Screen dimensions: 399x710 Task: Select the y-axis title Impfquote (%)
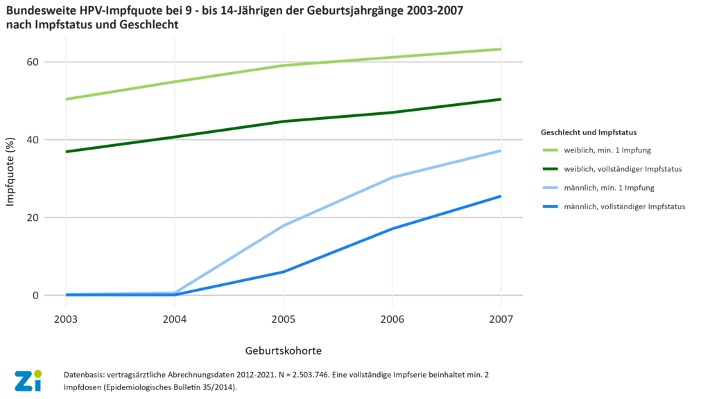[x=11, y=178]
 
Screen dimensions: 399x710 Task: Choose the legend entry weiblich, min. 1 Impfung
[x=607, y=150]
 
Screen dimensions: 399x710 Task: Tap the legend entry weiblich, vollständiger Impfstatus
[x=623, y=168]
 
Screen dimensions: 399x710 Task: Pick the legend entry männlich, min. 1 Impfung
[x=609, y=187]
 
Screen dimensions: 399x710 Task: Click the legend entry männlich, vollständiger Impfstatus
[x=625, y=206]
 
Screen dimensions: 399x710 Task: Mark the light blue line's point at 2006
[x=392, y=177]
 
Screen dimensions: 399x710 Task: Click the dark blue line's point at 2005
[x=283, y=272]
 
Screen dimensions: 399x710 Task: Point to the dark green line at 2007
[x=501, y=99]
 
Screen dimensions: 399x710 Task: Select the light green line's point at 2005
[x=283, y=66]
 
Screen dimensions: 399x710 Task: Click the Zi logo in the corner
[x=28, y=380]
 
